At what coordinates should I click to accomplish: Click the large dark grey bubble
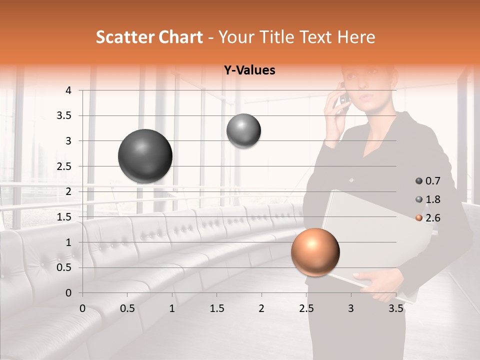tap(145, 156)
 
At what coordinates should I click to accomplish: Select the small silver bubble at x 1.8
tap(243, 131)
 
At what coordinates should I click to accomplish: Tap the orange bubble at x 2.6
tap(315, 252)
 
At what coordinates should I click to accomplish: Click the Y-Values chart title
tap(249, 70)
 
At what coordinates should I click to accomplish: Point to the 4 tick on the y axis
tap(68, 90)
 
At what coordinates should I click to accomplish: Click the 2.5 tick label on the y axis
tap(64, 166)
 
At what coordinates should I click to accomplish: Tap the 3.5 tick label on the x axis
tap(396, 308)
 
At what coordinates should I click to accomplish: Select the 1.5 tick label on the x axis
tap(216, 308)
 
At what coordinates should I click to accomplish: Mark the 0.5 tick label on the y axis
tap(64, 267)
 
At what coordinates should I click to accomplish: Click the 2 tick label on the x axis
tap(261, 308)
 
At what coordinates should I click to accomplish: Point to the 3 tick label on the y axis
tap(68, 141)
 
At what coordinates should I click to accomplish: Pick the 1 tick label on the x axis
tap(172, 308)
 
